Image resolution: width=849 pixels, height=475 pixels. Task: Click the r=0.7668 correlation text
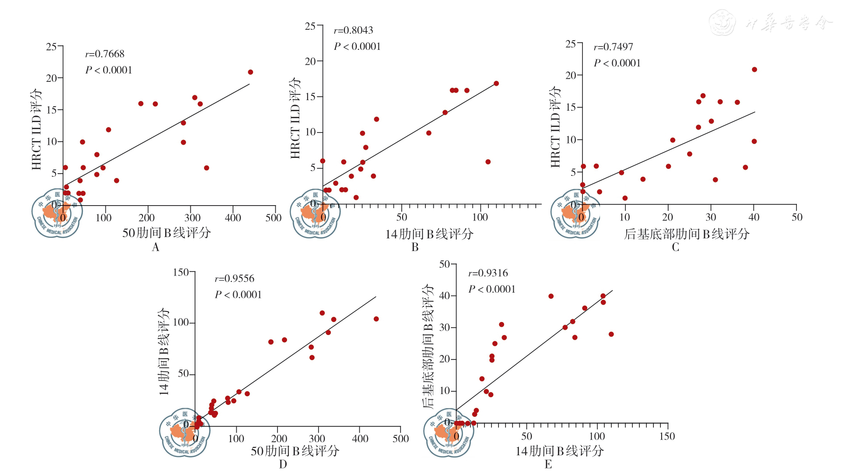[x=105, y=54]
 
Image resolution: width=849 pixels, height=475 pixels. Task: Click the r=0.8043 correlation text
[x=353, y=30]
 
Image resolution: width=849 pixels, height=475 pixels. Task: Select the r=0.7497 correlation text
[x=613, y=47]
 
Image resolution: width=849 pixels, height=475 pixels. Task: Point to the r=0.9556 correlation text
[x=234, y=279]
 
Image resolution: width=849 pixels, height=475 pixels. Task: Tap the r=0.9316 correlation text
[x=488, y=273]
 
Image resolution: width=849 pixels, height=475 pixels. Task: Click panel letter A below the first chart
[x=155, y=248]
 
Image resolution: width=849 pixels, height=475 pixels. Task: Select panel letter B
[x=415, y=248]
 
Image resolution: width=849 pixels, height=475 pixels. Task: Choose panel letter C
[x=675, y=248]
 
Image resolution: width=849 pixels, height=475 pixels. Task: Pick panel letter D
[x=283, y=465]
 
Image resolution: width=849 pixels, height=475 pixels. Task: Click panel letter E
[x=548, y=465]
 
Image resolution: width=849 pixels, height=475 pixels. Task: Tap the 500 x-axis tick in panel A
[x=274, y=218]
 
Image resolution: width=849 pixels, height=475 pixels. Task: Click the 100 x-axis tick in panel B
[x=480, y=217]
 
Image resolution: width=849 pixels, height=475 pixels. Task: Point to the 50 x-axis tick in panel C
[x=797, y=217]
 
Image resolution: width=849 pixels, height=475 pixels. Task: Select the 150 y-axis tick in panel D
[x=180, y=272]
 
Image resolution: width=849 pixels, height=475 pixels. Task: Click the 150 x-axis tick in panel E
[x=667, y=436]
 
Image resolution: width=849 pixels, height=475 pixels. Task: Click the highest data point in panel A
[x=250, y=72]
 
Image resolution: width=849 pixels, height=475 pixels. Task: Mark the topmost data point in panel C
[x=754, y=70]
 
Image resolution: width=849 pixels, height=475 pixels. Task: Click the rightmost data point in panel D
[x=376, y=319]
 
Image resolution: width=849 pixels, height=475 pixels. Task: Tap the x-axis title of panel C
[x=686, y=234]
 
